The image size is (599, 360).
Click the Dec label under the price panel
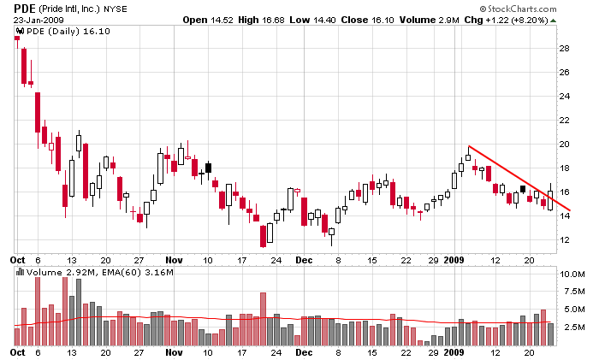(x=305, y=258)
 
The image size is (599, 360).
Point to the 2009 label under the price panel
(x=454, y=258)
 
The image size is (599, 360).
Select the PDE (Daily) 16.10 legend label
(x=56, y=32)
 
